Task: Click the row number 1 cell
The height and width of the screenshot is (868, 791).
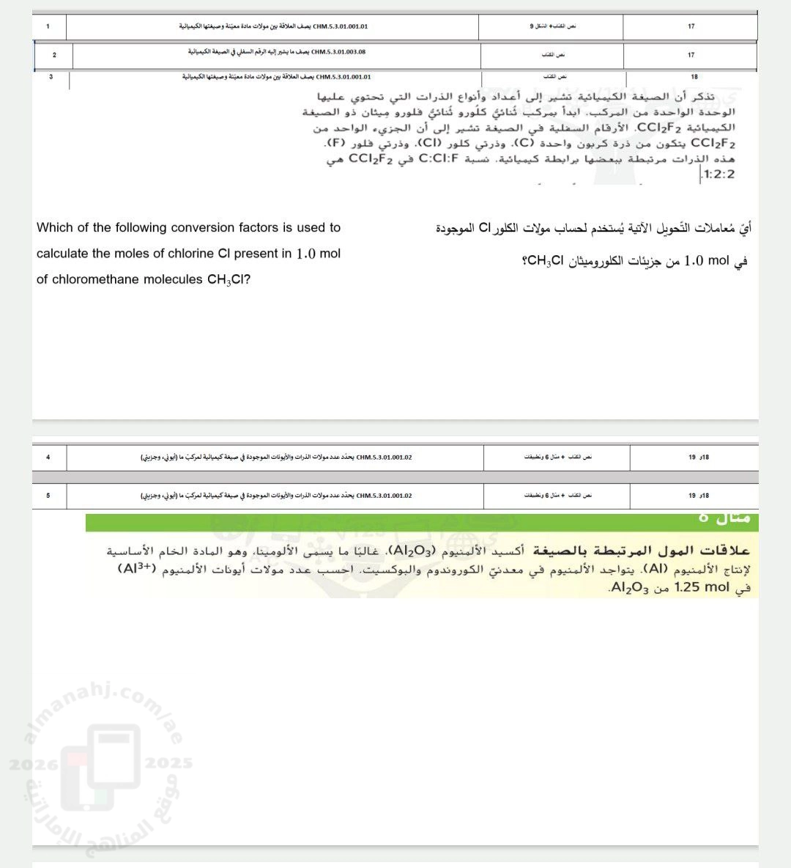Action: point(48,26)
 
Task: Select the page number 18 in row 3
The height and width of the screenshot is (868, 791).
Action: point(694,76)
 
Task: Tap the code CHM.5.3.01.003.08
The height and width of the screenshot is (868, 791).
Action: point(338,53)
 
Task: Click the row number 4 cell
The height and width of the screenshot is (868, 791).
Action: point(48,457)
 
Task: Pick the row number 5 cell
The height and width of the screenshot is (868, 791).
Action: point(48,496)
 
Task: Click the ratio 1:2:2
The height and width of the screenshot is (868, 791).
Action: point(718,174)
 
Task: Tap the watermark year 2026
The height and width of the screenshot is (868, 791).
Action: point(33,764)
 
